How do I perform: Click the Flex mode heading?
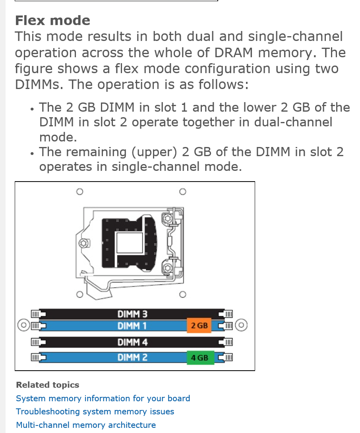click(52, 20)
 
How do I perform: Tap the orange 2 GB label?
click(199, 325)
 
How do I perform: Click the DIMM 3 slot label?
click(132, 314)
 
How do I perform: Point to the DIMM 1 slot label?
click(132, 326)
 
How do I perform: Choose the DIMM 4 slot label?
click(132, 342)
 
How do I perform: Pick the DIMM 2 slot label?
click(132, 358)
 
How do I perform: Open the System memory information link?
click(103, 398)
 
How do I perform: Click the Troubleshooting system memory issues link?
click(95, 412)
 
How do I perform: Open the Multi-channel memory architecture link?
click(86, 425)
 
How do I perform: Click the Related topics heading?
click(48, 385)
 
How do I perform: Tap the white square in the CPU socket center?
click(130, 243)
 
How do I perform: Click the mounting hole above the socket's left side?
click(79, 191)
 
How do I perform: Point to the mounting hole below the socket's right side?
click(183, 294)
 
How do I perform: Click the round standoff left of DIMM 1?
click(23, 325)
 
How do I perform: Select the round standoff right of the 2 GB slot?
click(241, 325)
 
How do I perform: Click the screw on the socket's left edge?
click(83, 243)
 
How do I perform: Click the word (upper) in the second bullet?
click(154, 152)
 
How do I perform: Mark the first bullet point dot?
click(32, 109)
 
